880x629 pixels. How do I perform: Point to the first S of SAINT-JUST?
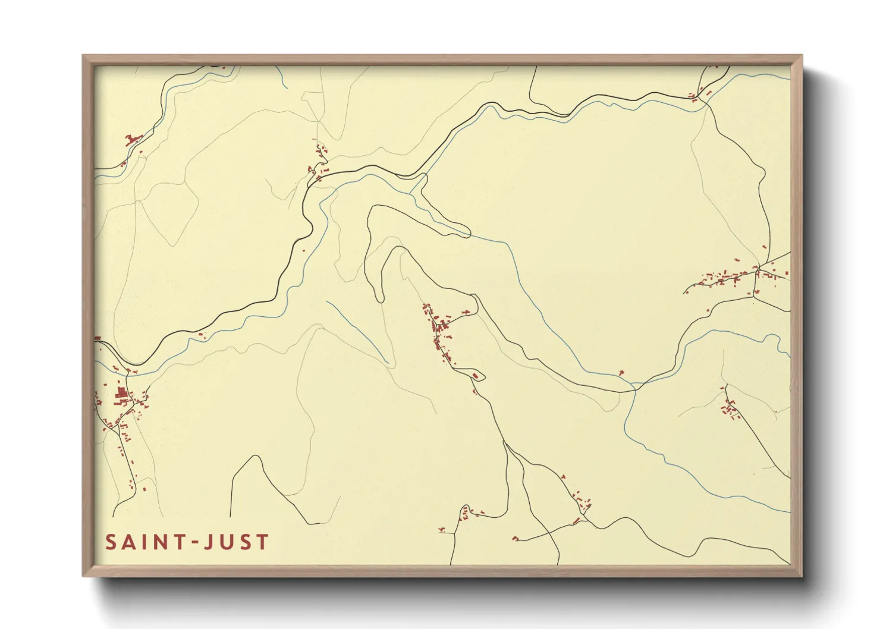(111, 542)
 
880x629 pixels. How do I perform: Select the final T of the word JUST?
(262, 542)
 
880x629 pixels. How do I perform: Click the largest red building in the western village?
(122, 393)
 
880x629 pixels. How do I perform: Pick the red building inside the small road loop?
(475, 376)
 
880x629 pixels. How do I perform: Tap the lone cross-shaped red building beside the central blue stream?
(621, 373)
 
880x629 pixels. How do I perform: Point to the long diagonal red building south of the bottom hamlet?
(576, 521)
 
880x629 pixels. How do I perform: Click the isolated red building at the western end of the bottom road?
(515, 539)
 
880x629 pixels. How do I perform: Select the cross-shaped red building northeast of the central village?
(465, 312)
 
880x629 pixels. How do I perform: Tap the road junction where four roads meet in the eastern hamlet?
(758, 272)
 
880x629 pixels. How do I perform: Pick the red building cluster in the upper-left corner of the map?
(133, 140)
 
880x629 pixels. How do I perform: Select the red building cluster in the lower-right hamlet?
(729, 408)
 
